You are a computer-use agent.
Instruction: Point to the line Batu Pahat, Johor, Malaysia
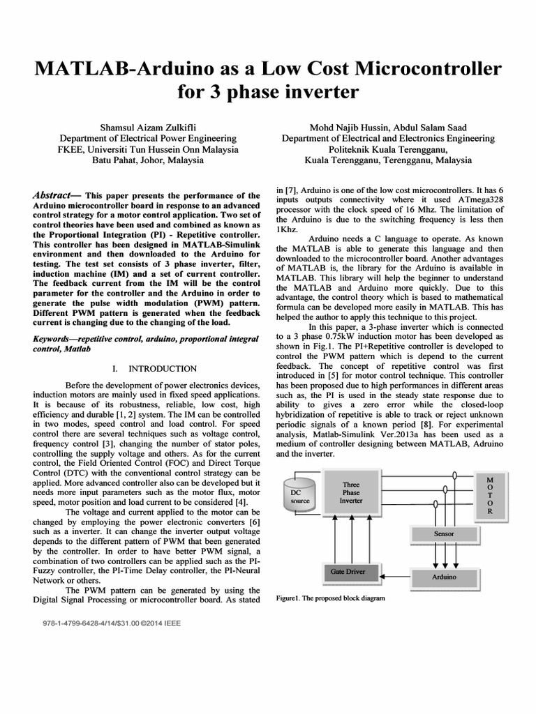(148, 160)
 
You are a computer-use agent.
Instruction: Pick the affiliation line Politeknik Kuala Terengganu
(388, 149)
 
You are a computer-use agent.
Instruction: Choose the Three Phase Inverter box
(350, 492)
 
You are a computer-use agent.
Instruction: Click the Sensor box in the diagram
(443, 533)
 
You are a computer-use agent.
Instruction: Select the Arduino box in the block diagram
(443, 577)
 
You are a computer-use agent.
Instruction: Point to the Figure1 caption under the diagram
(331, 598)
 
